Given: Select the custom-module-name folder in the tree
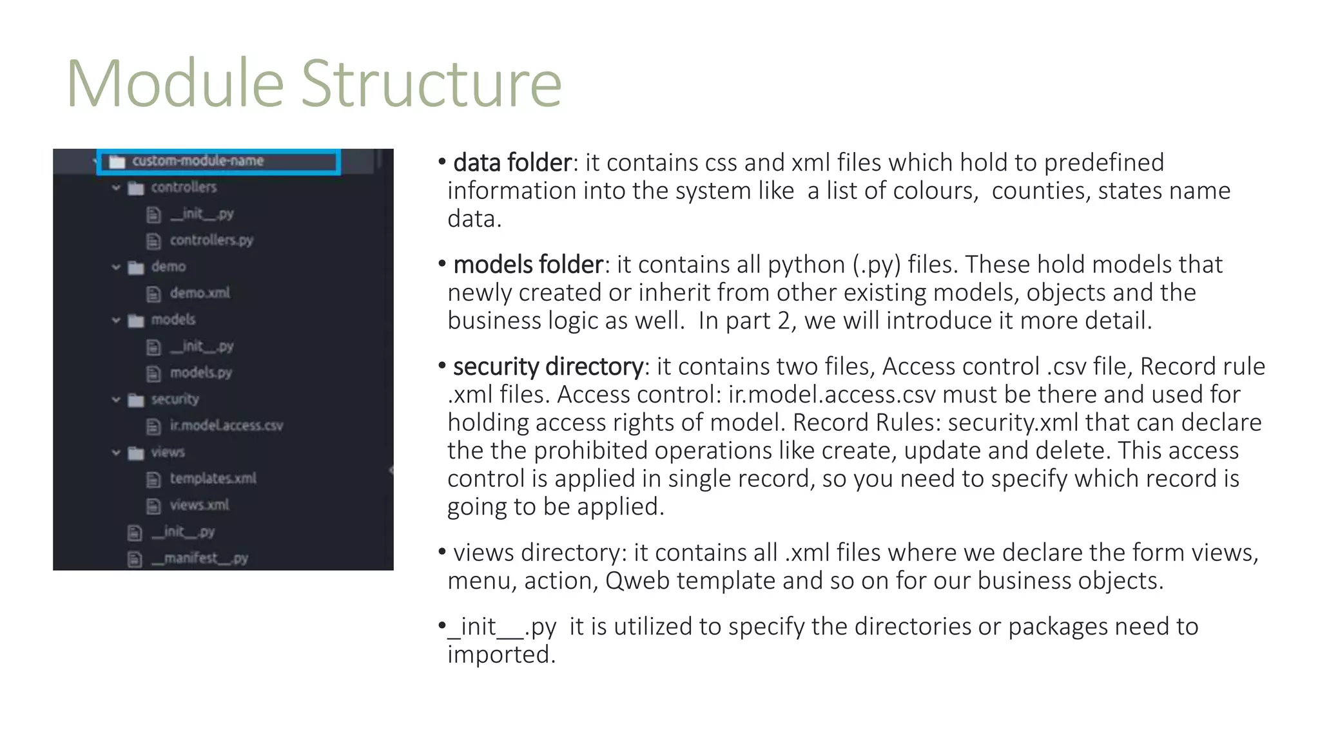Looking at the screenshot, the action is (x=197, y=161).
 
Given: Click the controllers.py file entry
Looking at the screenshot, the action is (x=211, y=240).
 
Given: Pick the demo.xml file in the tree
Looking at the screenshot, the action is (x=200, y=293).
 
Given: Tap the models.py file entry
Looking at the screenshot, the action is (x=200, y=373).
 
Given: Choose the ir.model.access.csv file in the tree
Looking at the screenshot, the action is (x=226, y=426).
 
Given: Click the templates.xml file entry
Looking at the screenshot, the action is (x=213, y=479).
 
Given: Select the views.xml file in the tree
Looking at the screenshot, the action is (x=199, y=505).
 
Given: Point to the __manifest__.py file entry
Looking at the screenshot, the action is (x=199, y=558).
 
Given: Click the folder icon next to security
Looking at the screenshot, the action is (x=136, y=401).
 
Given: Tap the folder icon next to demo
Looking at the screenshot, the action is (x=136, y=268).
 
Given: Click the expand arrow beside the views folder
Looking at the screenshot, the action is (x=116, y=453).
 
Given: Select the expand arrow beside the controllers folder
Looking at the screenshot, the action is (x=116, y=188).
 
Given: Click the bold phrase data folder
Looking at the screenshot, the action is (x=512, y=163).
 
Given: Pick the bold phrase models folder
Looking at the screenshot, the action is (x=528, y=265).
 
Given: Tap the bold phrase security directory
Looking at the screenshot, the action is (x=548, y=366).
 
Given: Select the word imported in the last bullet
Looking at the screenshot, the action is (x=501, y=655).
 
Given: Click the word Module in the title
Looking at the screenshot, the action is (x=175, y=84).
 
